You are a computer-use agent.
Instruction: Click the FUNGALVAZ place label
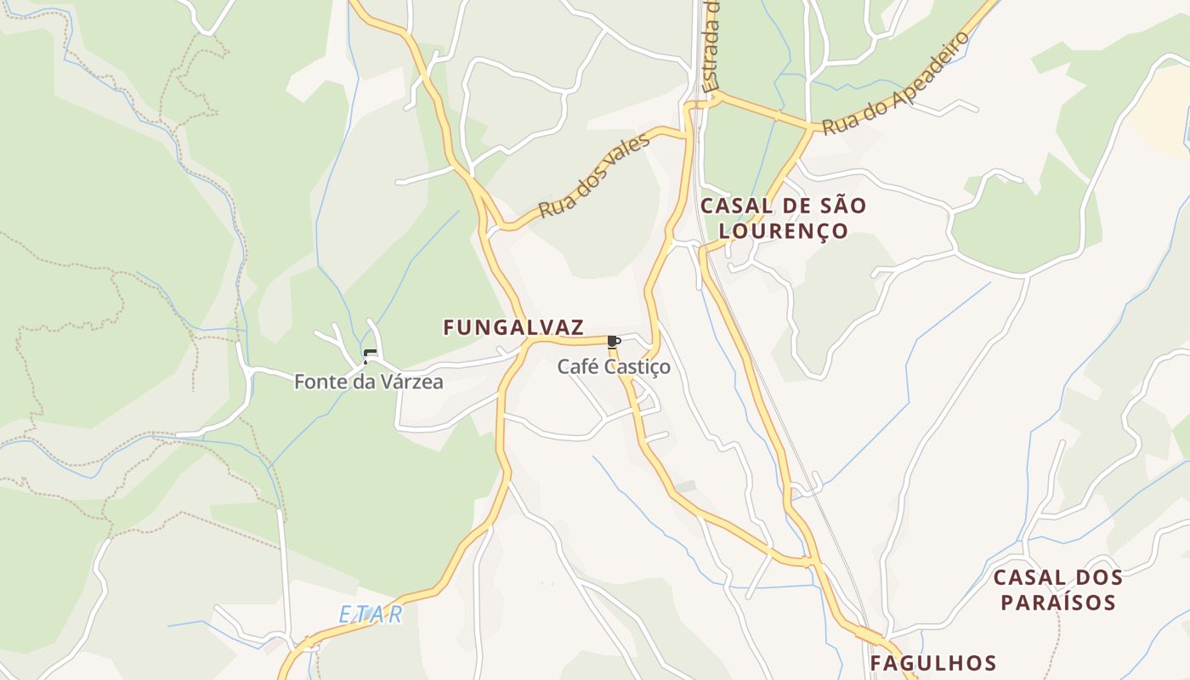pyautogui.click(x=513, y=327)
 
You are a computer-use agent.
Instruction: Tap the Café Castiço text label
pyautogui.click(x=614, y=367)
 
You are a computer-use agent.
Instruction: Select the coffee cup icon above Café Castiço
pyautogui.click(x=614, y=342)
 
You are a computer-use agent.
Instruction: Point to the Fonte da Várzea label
pyautogui.click(x=368, y=382)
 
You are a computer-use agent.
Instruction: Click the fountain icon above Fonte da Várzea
pyautogui.click(x=368, y=356)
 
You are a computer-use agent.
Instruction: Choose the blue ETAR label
pyautogui.click(x=371, y=615)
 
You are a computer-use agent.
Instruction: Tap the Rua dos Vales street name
pyautogui.click(x=595, y=175)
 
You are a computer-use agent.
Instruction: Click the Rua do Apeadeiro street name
pyautogui.click(x=896, y=83)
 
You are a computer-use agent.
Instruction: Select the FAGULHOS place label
pyautogui.click(x=932, y=663)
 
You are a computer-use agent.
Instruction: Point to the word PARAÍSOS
pyautogui.click(x=1057, y=603)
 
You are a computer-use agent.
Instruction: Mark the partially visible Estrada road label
pyautogui.click(x=712, y=47)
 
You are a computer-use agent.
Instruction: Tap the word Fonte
pyautogui.click(x=316, y=382)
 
